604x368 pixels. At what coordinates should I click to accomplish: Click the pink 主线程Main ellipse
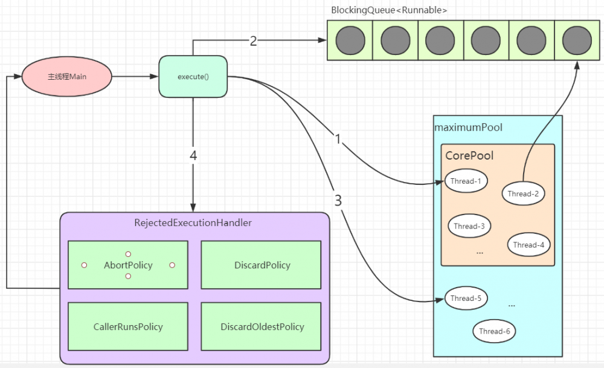pos(67,77)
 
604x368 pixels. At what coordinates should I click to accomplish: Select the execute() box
pos(193,77)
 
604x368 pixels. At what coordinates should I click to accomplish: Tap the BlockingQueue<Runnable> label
pos(389,10)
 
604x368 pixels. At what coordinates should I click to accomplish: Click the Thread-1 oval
pos(466,180)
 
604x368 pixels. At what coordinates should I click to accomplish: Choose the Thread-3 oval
pos(469,226)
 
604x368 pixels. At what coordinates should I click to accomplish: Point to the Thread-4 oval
pos(528,245)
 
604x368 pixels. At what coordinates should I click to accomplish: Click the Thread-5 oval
pos(466,298)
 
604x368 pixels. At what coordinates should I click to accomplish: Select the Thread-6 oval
pos(495,331)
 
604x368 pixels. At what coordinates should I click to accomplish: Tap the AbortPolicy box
pos(128,265)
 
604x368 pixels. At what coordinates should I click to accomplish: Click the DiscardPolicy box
pos(262,265)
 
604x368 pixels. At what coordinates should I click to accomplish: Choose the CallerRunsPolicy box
pos(128,327)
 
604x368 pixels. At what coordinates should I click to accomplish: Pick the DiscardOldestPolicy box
pos(262,327)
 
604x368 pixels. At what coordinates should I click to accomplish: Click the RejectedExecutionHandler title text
pos(193,223)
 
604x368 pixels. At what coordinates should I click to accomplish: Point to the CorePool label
pos(469,155)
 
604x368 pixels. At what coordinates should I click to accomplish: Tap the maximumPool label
pos(469,128)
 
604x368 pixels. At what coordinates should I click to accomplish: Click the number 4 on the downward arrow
pos(193,155)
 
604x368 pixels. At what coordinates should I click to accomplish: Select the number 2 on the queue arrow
pos(253,41)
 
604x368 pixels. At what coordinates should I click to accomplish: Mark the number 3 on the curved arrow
pos(338,201)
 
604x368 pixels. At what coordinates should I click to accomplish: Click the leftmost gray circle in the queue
pos(350,40)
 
